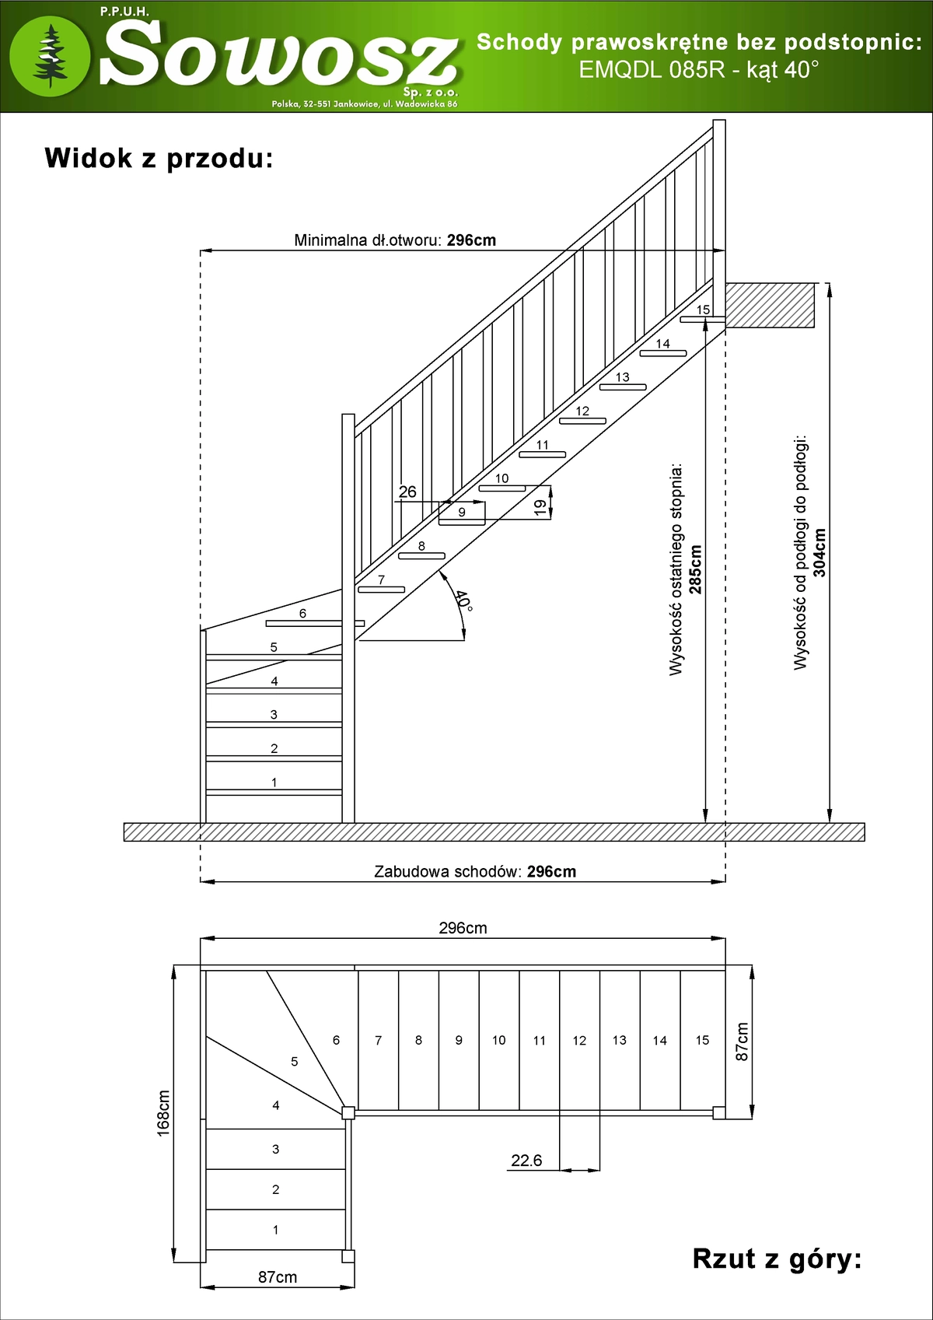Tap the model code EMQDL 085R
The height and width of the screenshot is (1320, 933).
652,70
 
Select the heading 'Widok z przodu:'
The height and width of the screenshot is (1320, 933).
159,158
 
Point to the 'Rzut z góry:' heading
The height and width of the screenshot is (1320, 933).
777,1259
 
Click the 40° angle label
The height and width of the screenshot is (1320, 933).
463,600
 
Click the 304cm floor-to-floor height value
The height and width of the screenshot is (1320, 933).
819,552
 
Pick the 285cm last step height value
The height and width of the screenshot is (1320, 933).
695,569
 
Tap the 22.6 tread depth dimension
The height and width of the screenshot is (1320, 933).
526,1161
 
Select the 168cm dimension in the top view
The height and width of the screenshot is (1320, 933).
163,1113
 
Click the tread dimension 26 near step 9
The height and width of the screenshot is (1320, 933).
407,492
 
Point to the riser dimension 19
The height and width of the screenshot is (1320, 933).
540,507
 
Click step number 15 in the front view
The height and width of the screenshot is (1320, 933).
703,310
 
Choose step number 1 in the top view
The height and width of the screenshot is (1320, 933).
275,1230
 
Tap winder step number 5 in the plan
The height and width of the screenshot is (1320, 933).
294,1061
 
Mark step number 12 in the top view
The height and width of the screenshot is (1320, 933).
579,1041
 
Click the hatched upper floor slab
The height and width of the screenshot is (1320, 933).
770,305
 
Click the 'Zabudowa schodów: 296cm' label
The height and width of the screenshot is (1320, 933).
475,871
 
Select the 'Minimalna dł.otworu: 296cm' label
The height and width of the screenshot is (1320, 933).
395,240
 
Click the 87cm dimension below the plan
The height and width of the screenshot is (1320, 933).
278,1277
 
